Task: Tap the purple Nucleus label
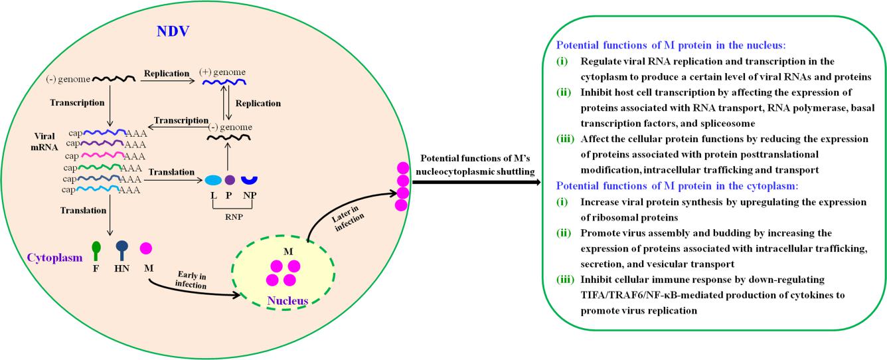point(287,301)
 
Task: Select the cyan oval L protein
point(213,180)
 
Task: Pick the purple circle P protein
point(230,179)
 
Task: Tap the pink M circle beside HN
point(146,248)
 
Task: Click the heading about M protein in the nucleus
point(671,46)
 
